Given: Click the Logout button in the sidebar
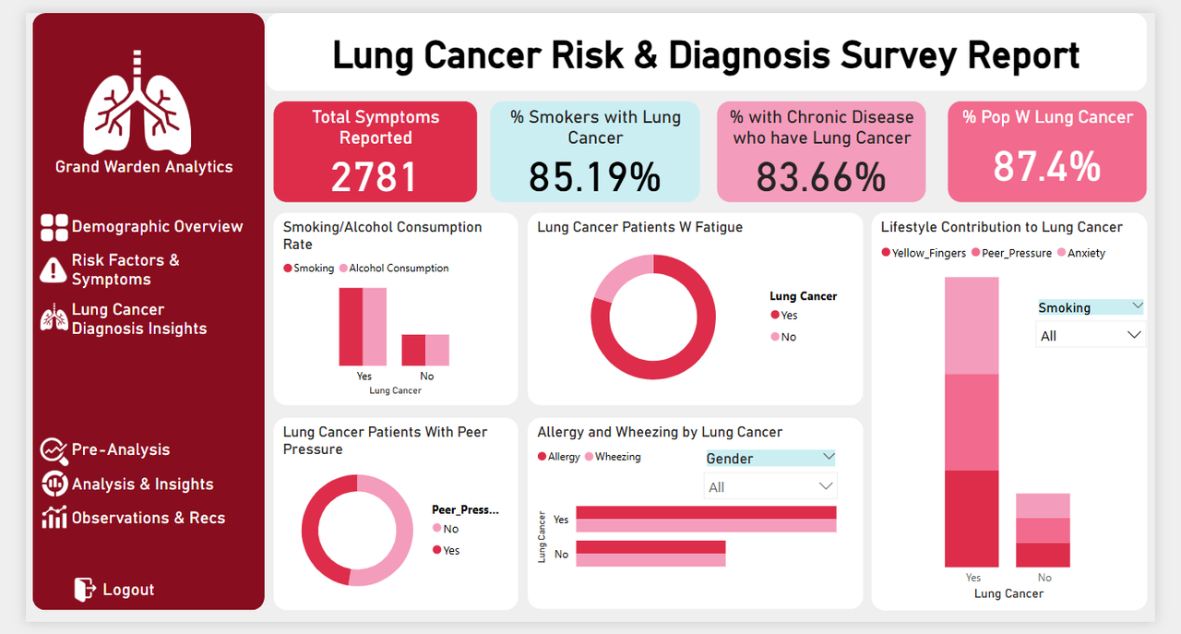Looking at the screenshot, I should point(115,590).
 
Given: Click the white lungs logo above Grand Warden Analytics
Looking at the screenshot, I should point(137,103).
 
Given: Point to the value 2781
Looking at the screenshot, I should point(375,176).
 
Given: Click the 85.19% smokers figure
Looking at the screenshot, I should point(595,176).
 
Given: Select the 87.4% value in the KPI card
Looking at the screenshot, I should point(1046,167).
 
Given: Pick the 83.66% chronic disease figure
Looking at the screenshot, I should point(821,176).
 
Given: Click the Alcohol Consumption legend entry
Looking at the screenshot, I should point(398,269).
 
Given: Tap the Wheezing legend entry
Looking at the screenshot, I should point(617,457).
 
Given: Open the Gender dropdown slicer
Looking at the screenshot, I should point(770,458).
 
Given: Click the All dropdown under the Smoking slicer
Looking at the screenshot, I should point(1090,336).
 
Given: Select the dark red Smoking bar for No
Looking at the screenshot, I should point(413,350).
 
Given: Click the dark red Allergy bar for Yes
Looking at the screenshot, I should point(706,512).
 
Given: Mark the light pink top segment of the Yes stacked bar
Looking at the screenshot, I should point(972,325).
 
